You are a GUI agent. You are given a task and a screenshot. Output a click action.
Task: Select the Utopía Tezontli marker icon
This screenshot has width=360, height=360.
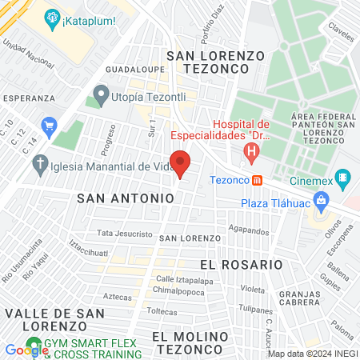point(101,95)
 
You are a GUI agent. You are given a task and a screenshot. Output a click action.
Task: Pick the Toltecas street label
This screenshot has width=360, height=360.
point(162,310)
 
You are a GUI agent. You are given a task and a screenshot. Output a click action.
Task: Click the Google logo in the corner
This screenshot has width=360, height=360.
point(26,350)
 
